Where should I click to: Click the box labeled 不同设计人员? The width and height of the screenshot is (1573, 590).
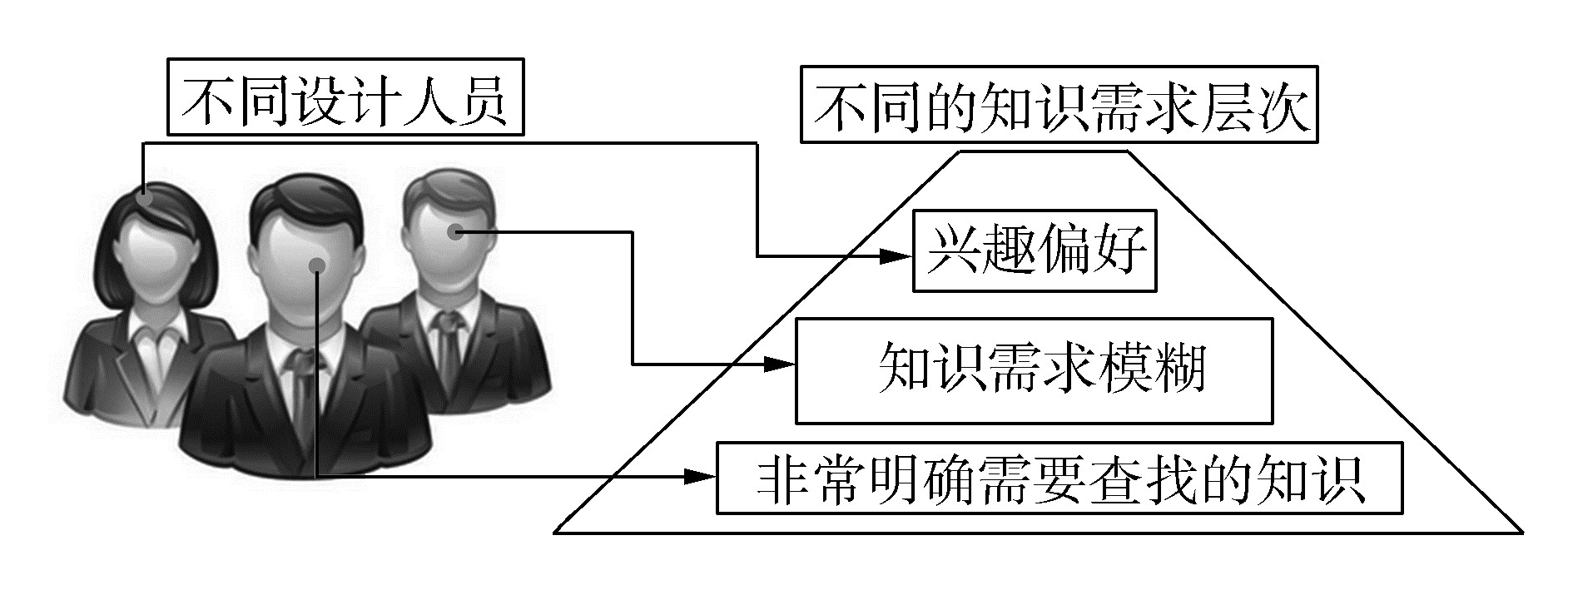coord(345,97)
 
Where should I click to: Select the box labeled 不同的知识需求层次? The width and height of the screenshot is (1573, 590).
coord(1059,105)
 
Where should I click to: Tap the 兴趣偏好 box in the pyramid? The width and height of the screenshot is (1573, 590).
coord(1035,250)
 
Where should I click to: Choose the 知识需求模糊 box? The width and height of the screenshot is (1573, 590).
coord(1034,370)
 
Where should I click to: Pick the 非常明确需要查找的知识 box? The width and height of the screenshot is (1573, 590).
coord(1059,478)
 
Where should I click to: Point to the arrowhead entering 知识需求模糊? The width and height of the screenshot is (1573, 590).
coord(779,364)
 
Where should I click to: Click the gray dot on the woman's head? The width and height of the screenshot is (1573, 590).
coord(145,198)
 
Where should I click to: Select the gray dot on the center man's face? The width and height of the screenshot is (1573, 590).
coord(316,265)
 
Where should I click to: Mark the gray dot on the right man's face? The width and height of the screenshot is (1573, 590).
coord(454,232)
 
